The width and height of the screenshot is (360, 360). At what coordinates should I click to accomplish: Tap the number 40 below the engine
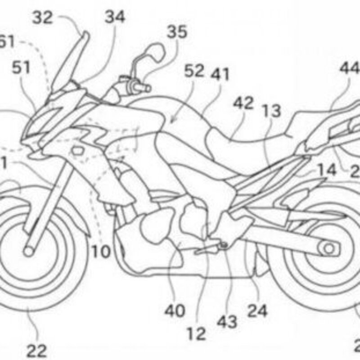click(175, 310)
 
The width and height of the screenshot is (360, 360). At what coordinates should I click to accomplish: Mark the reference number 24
click(258, 310)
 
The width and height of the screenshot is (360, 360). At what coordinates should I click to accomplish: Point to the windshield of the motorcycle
click(67, 61)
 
